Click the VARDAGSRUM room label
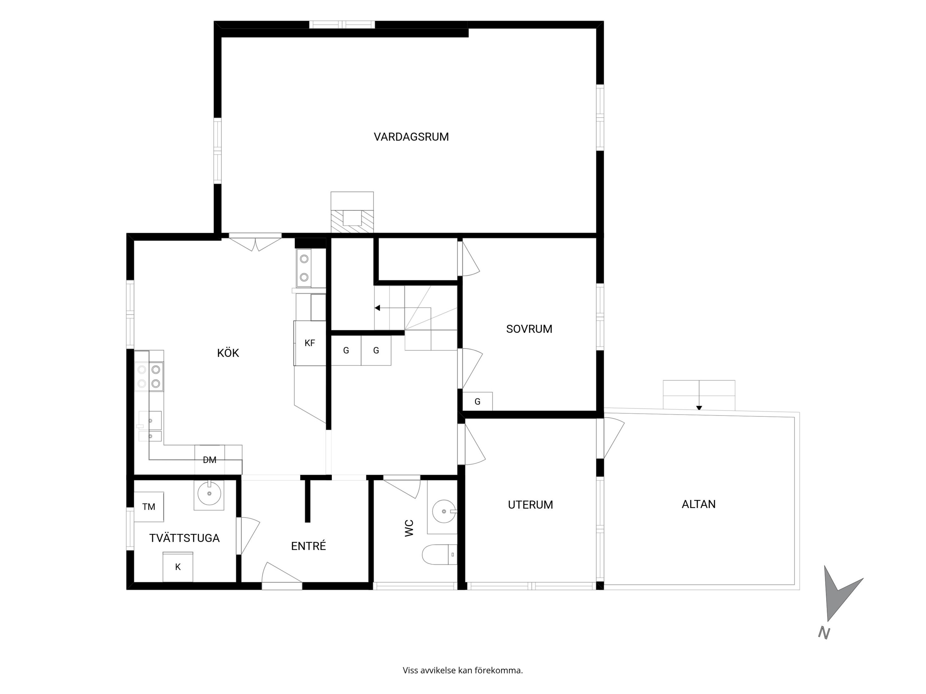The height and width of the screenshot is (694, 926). click(x=411, y=137)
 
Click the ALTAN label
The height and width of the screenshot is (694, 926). click(x=698, y=504)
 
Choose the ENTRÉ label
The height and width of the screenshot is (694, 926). click(x=309, y=546)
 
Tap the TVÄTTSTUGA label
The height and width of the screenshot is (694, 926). click(x=184, y=538)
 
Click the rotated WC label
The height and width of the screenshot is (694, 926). click(x=409, y=528)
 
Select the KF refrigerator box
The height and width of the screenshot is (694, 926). click(x=310, y=343)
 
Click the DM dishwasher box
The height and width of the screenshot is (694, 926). click(x=210, y=460)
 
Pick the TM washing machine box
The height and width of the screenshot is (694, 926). click(x=149, y=507)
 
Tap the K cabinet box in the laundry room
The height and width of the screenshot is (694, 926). click(x=178, y=567)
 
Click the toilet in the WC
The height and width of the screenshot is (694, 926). click(x=439, y=554)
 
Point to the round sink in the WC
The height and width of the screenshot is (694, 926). click(x=444, y=511)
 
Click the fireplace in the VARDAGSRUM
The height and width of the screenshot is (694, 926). click(x=352, y=212)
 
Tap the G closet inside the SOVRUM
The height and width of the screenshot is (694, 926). click(x=477, y=402)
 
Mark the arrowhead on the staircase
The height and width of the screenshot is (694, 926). click(x=377, y=308)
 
